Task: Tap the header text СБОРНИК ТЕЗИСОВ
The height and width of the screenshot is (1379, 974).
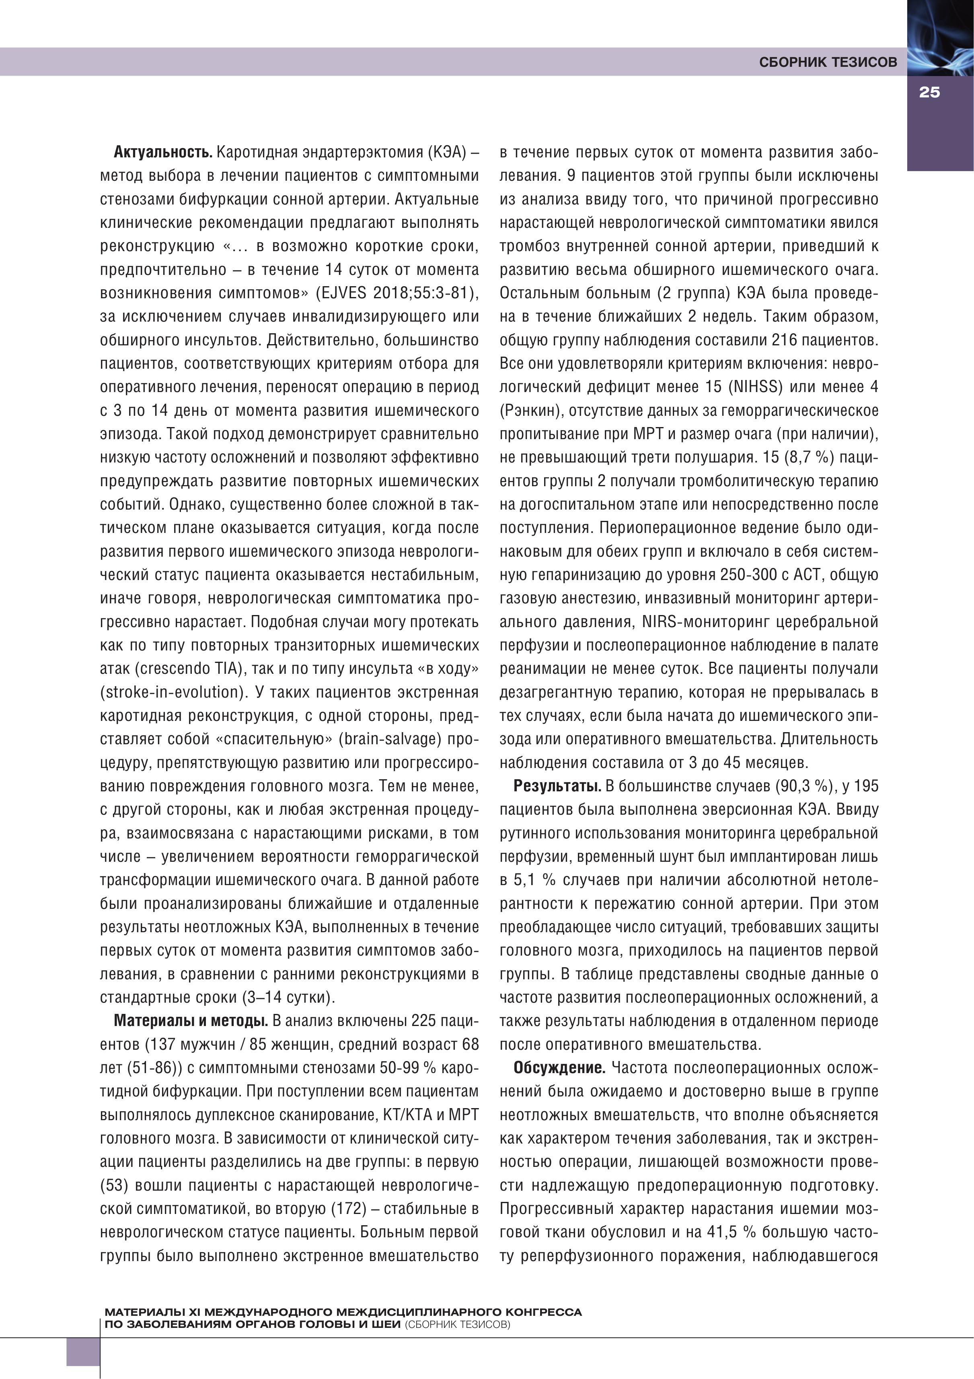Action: (x=828, y=62)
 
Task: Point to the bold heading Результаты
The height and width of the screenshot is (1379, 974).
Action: (x=557, y=786)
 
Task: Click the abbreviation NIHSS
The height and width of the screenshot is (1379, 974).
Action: (x=756, y=387)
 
